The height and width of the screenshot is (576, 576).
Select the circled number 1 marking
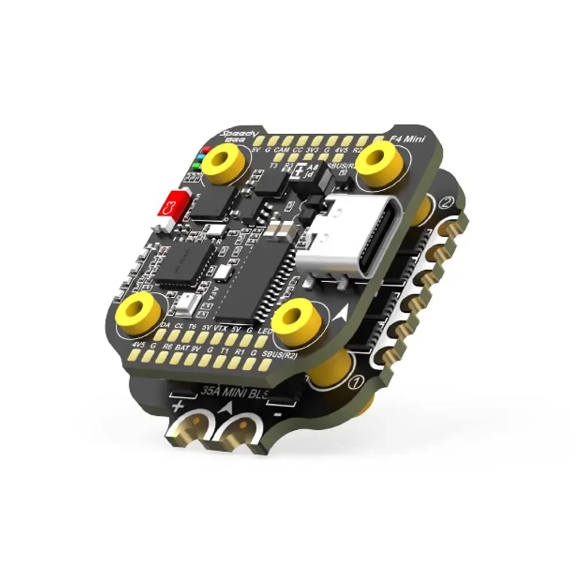click(x=355, y=381)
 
